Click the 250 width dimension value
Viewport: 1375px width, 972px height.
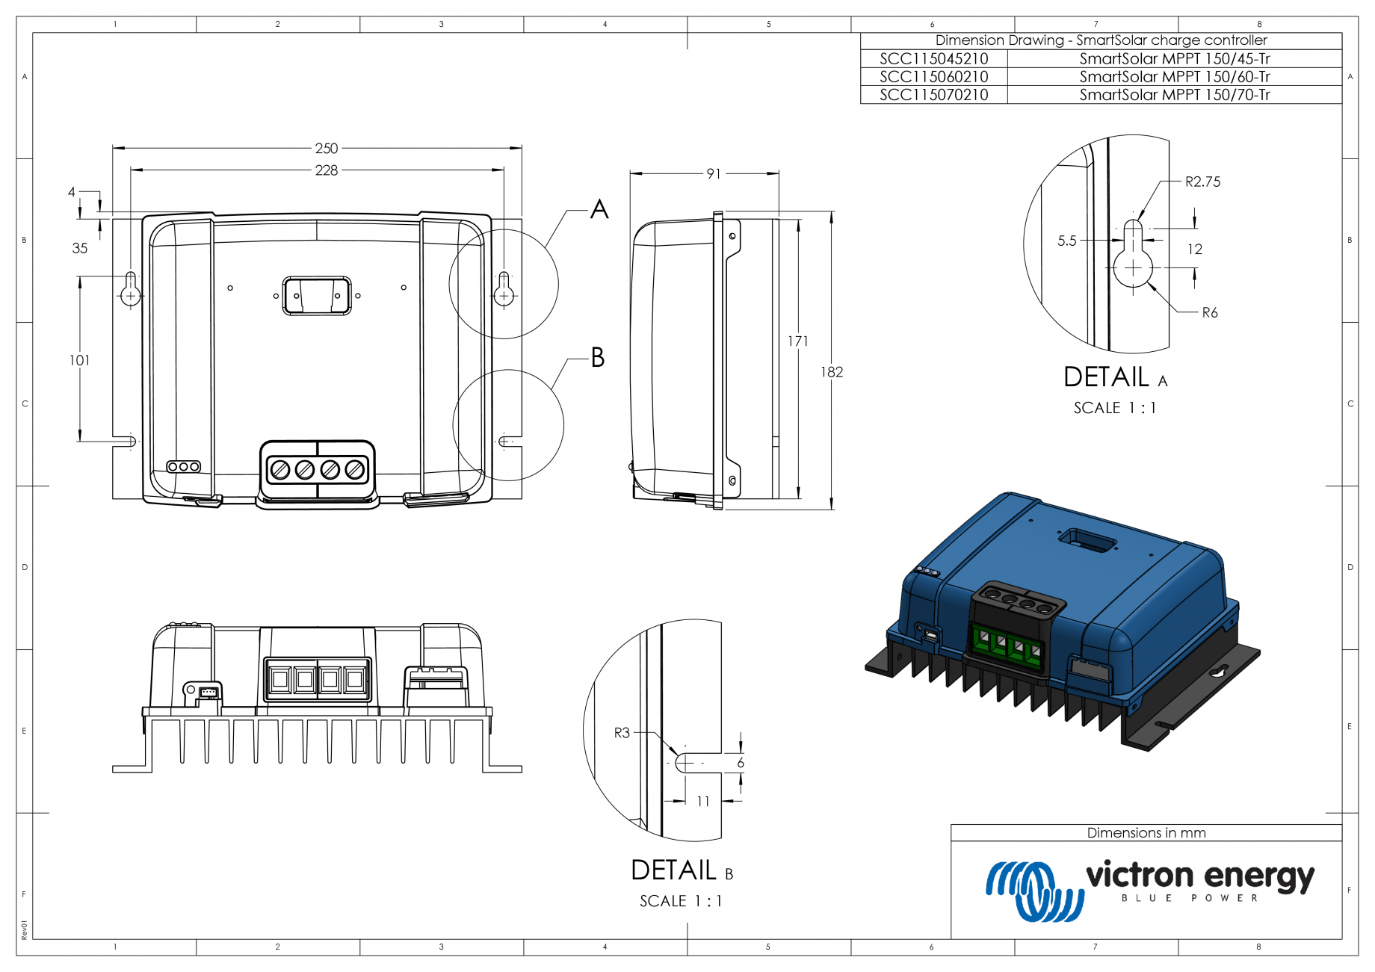point(326,148)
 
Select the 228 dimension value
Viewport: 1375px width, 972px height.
point(326,170)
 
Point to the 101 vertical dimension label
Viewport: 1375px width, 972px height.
point(79,360)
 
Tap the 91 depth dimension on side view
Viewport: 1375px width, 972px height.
point(714,173)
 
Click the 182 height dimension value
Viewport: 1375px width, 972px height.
point(831,371)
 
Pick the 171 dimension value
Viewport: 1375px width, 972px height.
point(797,341)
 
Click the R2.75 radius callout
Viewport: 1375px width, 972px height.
point(1202,182)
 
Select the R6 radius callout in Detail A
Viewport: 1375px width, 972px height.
point(1209,312)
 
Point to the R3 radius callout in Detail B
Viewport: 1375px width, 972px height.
point(622,732)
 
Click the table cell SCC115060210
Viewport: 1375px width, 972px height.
point(933,76)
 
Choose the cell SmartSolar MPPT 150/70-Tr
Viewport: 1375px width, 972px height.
point(1174,95)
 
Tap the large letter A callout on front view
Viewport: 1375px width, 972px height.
point(599,209)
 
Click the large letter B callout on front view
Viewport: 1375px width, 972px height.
point(598,357)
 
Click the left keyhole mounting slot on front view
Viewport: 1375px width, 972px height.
point(131,289)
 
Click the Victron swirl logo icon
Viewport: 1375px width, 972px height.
point(1033,890)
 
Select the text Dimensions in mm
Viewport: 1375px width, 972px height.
point(1146,832)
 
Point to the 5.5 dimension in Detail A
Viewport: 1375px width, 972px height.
point(1066,241)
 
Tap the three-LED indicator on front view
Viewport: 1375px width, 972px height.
point(183,466)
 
